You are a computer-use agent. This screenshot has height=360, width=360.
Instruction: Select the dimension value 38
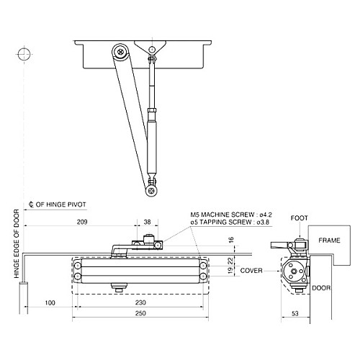(147, 222)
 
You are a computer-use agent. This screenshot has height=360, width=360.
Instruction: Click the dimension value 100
(50, 304)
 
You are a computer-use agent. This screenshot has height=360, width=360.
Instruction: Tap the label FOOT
(299, 217)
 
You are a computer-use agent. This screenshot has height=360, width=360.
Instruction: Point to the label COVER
(251, 271)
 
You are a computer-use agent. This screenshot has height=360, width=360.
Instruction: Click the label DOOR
(321, 288)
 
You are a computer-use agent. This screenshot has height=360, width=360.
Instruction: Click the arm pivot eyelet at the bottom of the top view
(151, 191)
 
